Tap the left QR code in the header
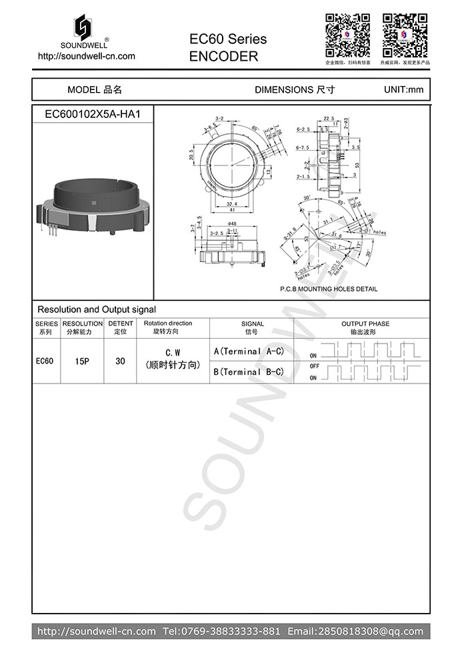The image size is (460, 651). coord(347,35)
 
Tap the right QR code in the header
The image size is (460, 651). coord(405,35)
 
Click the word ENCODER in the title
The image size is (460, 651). coord(223,57)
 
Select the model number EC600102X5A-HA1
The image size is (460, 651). coord(92,114)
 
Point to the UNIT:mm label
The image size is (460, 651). coord(403,89)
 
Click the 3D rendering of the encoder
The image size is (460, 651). coord(92,204)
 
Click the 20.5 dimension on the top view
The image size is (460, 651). coord(191,155)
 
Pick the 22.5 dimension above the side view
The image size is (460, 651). coord(328,119)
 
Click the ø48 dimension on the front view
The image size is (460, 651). coord(232,223)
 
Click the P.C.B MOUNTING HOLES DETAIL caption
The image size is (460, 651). coord(328,289)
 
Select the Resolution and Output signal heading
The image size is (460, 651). coord(97,309)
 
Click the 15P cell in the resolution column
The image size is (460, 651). coord(82,361)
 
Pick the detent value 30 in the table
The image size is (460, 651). coord(120,361)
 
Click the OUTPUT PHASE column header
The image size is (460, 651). coord(365,328)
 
